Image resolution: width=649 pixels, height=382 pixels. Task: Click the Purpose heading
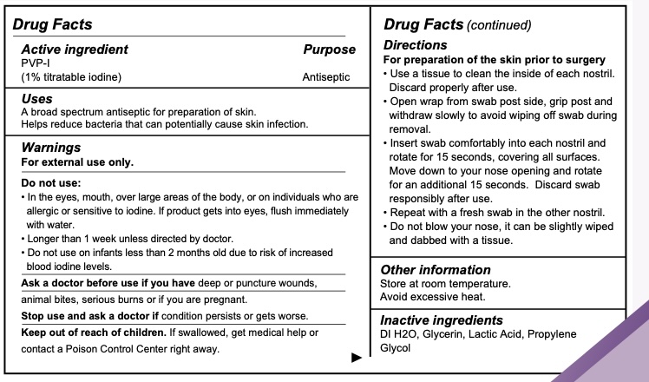(x=329, y=50)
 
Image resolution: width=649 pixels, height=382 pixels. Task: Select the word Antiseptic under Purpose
(x=326, y=77)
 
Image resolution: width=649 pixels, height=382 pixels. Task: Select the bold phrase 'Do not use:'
(x=49, y=184)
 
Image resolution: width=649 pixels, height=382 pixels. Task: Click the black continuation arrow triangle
(x=356, y=357)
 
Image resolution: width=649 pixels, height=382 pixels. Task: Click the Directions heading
(x=415, y=44)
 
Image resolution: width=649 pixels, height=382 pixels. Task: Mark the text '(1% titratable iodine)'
(x=71, y=77)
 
